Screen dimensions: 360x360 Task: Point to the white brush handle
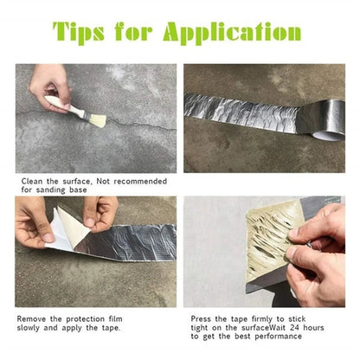point(61,105)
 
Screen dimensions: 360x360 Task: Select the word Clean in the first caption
point(33,182)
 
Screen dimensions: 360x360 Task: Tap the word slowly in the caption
point(30,329)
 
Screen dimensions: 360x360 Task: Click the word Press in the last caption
point(201,320)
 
